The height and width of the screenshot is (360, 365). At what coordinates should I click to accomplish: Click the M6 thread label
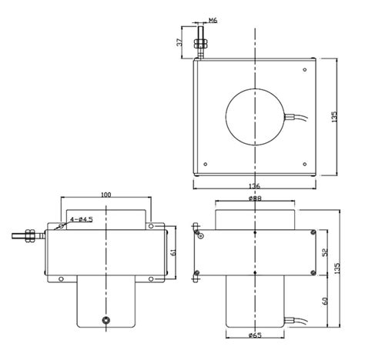click(x=213, y=20)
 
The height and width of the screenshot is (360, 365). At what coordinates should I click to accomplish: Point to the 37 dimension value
click(x=180, y=42)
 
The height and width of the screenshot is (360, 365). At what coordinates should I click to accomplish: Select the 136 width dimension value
click(x=255, y=186)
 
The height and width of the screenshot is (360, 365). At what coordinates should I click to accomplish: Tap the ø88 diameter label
click(x=255, y=198)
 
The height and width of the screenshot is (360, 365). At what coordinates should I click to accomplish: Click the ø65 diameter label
click(x=255, y=335)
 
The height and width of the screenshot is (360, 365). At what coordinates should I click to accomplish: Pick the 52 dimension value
click(x=325, y=252)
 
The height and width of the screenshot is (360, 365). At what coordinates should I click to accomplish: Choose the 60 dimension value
click(x=325, y=301)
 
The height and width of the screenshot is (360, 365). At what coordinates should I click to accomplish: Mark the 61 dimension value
click(x=173, y=252)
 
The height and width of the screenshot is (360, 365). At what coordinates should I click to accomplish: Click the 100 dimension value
click(x=105, y=195)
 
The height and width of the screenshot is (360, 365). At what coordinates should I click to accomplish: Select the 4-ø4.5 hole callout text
click(x=82, y=219)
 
